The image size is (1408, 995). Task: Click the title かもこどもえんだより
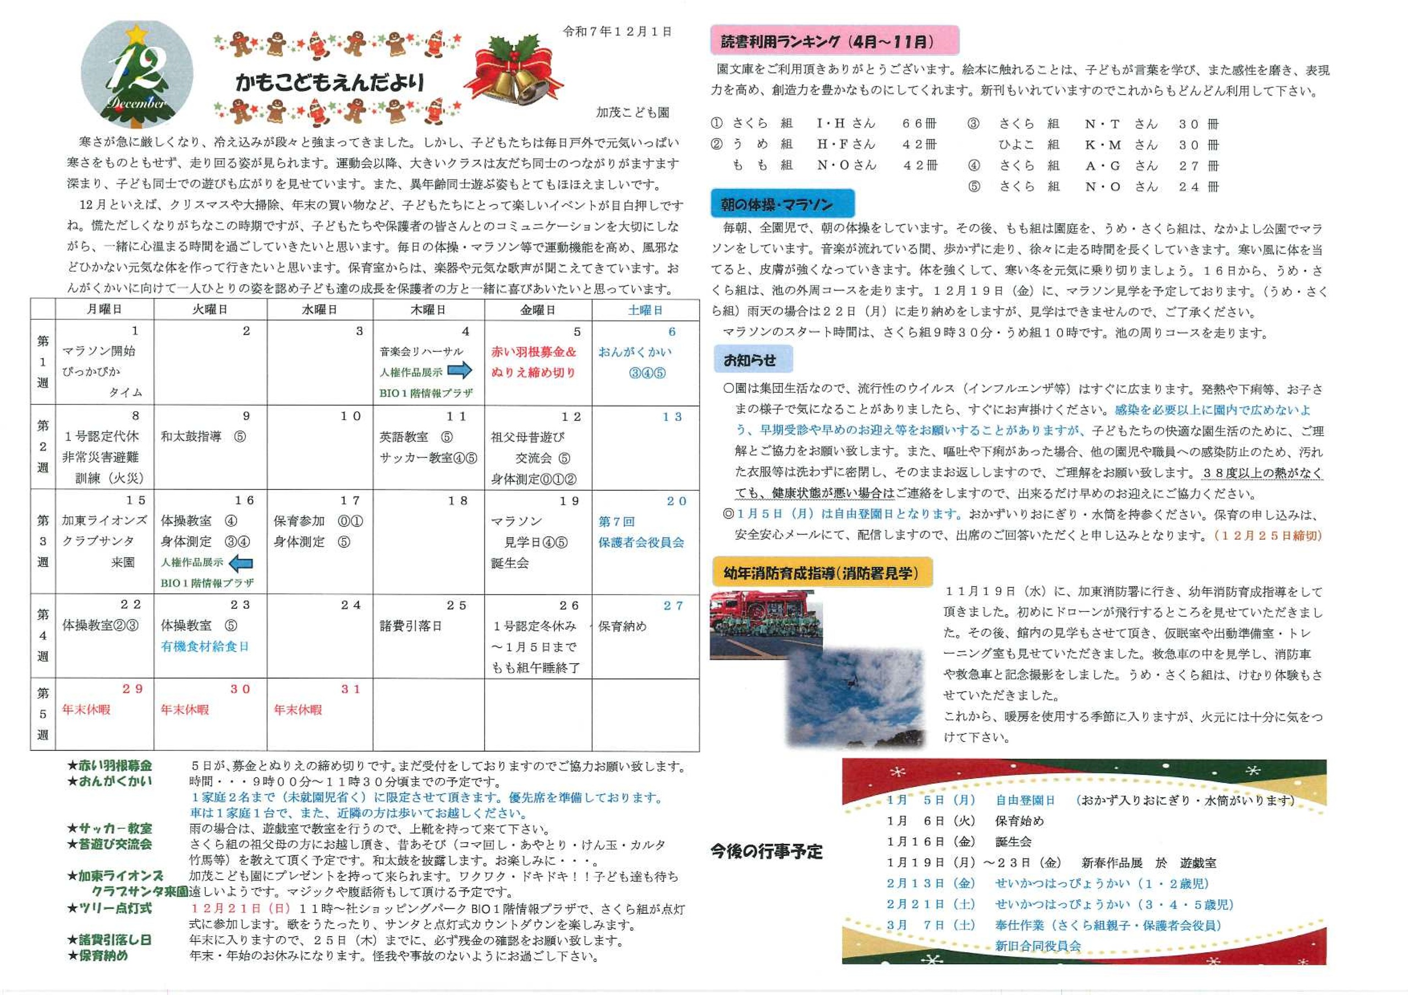coord(329,82)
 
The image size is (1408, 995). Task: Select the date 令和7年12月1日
coord(617,32)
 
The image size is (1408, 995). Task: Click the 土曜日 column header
coord(645,310)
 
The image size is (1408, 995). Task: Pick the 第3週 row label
coord(43,541)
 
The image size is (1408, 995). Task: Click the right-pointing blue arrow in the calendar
coord(459,370)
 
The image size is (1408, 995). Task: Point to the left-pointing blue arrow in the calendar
coord(240,562)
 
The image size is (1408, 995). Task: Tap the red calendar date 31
coord(351,689)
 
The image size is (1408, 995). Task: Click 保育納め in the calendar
coord(623,626)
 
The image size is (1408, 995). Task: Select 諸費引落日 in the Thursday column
coord(410,626)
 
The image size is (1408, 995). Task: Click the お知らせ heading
coord(752,359)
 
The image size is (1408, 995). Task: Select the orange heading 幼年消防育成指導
coord(821,573)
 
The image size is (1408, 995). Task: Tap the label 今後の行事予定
coord(766,851)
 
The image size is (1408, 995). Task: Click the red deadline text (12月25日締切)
coord(1268,535)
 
